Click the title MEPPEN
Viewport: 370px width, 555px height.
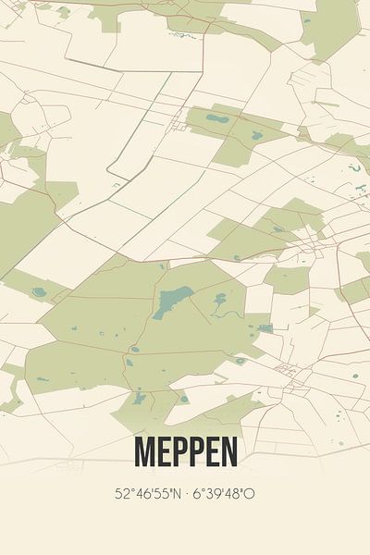(185, 451)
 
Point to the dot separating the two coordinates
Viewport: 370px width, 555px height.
(181, 494)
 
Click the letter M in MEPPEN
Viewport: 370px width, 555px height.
(146, 451)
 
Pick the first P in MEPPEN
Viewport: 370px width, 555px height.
(179, 451)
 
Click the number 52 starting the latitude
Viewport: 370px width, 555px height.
(121, 494)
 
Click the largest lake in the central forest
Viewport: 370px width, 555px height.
(173, 301)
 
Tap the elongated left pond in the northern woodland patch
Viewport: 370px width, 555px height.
(218, 118)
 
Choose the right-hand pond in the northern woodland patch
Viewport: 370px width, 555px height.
(256, 135)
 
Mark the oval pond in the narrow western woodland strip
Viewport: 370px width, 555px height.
(38, 292)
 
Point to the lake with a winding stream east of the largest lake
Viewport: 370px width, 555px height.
(220, 300)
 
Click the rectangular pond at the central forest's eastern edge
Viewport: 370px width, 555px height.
(265, 328)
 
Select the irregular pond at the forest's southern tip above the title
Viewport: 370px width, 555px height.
(139, 400)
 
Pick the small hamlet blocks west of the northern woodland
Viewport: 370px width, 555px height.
(178, 124)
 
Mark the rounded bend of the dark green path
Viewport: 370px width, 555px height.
(111, 173)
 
